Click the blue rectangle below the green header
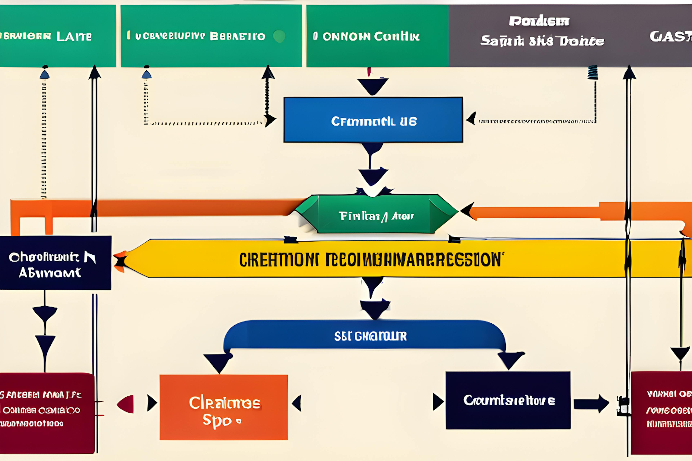(373, 120)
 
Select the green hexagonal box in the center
(376, 214)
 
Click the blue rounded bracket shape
(365, 335)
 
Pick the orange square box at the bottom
(224, 407)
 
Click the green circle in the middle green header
(279, 36)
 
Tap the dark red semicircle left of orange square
(127, 404)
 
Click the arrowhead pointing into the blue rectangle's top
(372, 86)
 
